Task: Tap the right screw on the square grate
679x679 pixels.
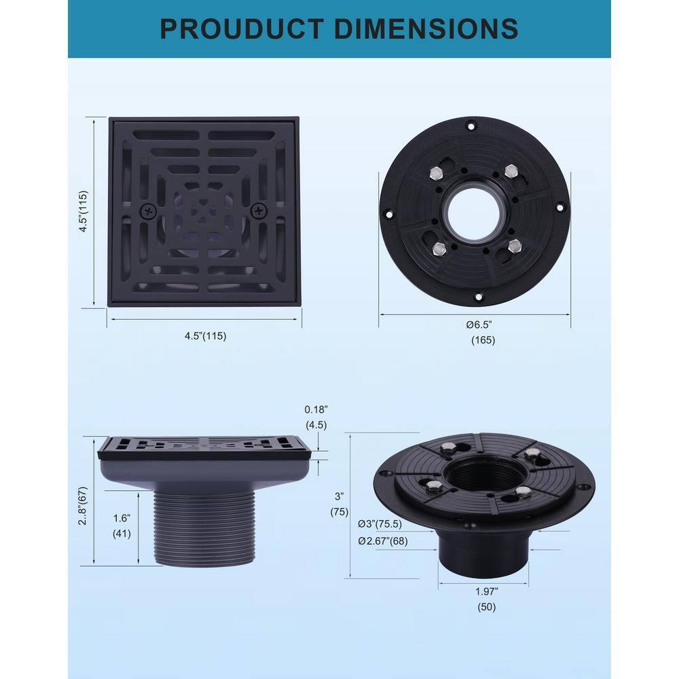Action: click(x=258, y=211)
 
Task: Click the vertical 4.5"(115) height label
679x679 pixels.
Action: click(x=83, y=211)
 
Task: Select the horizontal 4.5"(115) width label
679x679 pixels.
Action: click(x=204, y=335)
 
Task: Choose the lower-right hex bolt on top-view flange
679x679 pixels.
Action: click(x=514, y=245)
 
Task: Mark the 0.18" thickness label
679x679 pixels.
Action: click(x=316, y=409)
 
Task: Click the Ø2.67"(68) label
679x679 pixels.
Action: click(x=384, y=540)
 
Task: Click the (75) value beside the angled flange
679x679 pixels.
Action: click(x=339, y=513)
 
